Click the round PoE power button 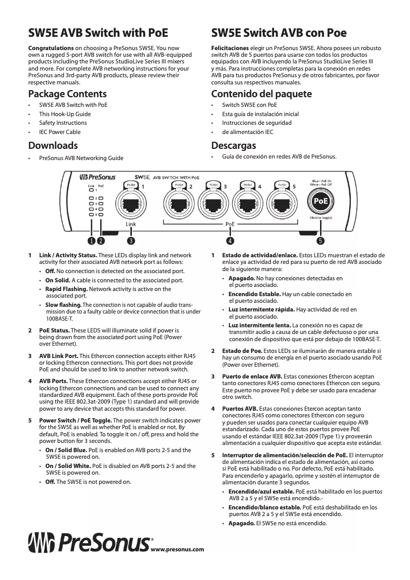[321, 202]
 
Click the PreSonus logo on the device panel [97, 177]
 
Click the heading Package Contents [67, 94]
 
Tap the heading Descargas [234, 145]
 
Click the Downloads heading [53, 145]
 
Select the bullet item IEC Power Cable [60, 131]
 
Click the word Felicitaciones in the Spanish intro [231, 48]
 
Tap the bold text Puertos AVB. [240, 409]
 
